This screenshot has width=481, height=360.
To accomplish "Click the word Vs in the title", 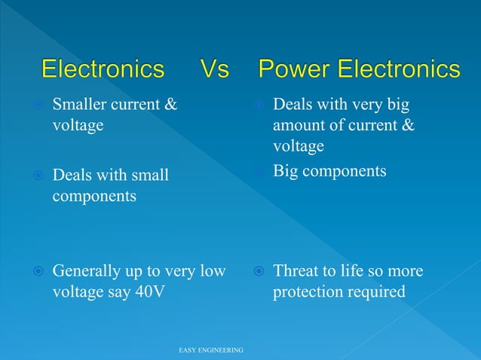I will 215,70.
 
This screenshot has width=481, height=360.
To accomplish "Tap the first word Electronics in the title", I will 103,70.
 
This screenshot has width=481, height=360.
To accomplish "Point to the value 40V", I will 152,291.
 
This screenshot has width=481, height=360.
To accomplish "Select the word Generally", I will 86,271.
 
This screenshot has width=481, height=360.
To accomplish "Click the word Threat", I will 296,271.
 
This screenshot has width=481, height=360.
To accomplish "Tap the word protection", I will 308,291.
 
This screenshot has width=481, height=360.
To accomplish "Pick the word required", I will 377,291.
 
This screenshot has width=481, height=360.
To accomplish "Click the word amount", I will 299,125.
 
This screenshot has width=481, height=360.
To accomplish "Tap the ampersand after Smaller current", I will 170,104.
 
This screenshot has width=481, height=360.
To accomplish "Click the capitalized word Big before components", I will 286,172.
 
